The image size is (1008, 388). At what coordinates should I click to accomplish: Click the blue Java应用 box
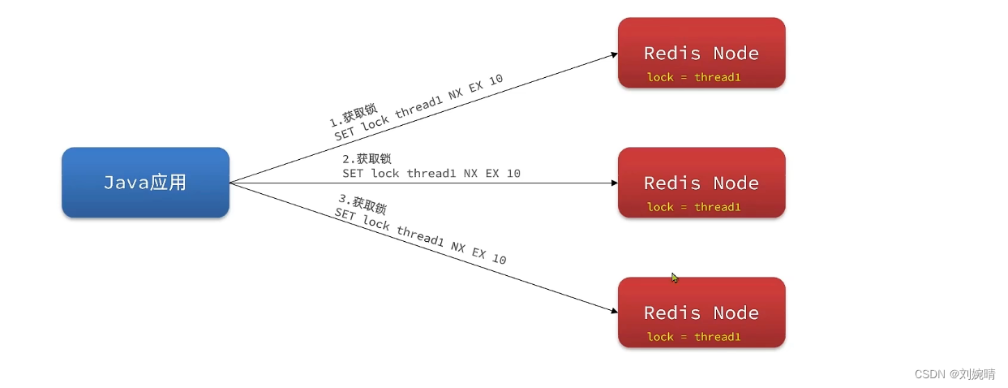(x=145, y=183)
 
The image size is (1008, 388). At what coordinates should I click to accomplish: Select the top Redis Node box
(x=701, y=52)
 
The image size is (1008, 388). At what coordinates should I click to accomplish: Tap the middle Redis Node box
(x=701, y=183)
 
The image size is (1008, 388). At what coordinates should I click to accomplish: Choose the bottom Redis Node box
(x=701, y=313)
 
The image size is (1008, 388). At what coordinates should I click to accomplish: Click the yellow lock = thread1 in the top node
(x=693, y=78)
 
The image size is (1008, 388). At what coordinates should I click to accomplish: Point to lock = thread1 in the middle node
(x=693, y=207)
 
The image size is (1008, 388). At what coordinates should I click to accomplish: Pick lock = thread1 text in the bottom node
(x=693, y=337)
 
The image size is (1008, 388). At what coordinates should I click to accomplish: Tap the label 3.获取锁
(x=362, y=203)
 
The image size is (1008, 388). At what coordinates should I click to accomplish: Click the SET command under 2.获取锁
(x=431, y=173)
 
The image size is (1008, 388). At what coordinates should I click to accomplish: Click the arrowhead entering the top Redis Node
(x=614, y=55)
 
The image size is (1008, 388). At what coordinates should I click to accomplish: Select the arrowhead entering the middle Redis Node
(x=614, y=183)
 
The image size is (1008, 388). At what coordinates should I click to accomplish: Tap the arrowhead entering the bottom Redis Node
(x=614, y=310)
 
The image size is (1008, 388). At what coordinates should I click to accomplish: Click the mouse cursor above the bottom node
(x=673, y=277)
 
